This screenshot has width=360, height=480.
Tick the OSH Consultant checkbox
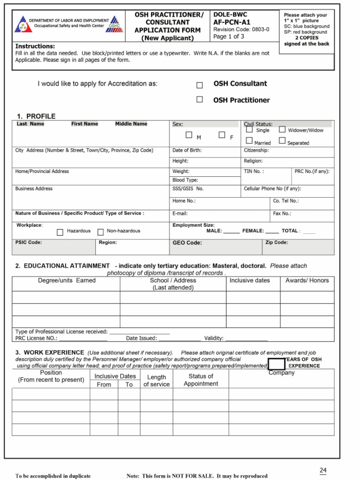pos(199,85)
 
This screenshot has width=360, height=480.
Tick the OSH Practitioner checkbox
pos(199,99)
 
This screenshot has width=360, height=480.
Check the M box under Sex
pos(189,135)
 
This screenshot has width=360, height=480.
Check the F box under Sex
pos(222,135)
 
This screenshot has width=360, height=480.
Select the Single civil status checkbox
pos(249,130)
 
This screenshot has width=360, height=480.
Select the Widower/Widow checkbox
pos(282,129)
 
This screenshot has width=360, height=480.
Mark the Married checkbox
pos(249,141)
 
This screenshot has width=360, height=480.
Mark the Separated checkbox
pos(282,141)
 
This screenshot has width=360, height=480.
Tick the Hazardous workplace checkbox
pos(60,232)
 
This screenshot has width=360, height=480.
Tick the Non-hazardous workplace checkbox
pos(100,232)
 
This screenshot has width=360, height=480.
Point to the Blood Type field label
pos(185,180)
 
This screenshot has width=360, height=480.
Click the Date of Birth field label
pos(187,150)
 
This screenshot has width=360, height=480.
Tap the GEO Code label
pos(187,243)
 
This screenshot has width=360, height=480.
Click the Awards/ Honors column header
pos(307,280)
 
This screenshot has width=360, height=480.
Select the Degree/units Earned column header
pos(67,280)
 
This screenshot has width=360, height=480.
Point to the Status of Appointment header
pos(201,380)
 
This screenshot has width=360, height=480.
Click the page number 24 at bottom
pos(323,470)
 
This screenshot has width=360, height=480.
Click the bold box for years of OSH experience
pos(277,364)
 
